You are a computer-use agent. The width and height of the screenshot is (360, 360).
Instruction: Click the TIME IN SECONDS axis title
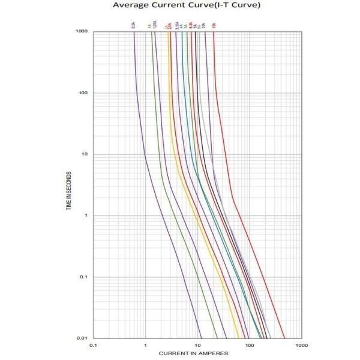(70, 184)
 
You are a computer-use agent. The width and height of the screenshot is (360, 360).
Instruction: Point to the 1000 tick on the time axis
(83, 31)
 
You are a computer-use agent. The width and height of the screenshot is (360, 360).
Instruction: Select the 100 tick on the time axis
(84, 93)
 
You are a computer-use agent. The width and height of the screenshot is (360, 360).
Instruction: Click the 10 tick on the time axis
(85, 154)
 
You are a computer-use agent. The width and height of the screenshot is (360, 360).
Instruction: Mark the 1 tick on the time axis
(86, 215)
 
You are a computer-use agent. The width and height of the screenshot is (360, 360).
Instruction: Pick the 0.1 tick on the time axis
(84, 277)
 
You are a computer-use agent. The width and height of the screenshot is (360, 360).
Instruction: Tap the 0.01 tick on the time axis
(83, 338)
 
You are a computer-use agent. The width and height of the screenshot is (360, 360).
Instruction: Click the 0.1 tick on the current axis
(93, 346)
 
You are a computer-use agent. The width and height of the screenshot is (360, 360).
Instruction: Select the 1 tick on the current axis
(145, 346)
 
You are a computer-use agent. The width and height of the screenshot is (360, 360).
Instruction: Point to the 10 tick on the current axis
(197, 346)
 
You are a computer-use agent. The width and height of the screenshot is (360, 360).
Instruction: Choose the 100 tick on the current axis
(250, 346)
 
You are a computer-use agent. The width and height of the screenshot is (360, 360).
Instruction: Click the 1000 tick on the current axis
(301, 346)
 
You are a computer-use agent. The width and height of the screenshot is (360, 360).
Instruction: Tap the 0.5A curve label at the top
(133, 25)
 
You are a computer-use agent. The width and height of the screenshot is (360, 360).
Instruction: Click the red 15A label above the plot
(214, 25)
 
